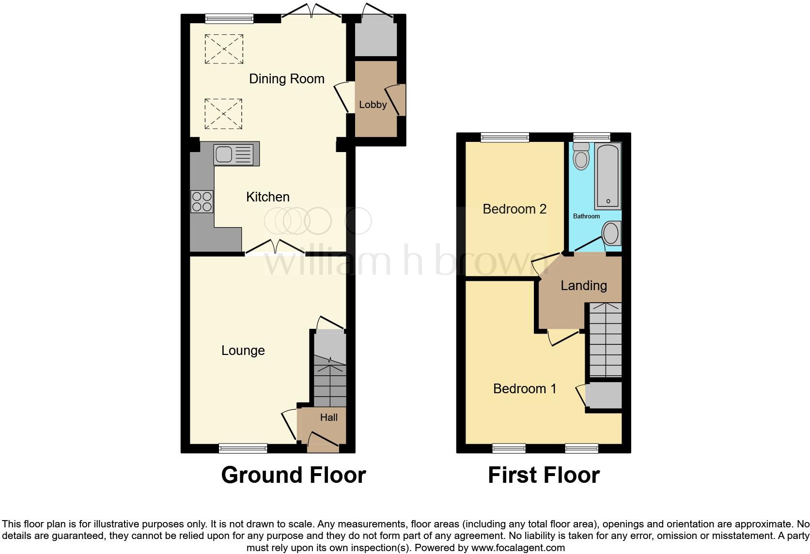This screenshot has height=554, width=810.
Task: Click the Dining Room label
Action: [286, 79]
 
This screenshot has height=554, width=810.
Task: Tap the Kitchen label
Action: [267, 197]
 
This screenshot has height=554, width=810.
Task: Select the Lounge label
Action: [243, 351]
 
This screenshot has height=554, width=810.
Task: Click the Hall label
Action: [328, 417]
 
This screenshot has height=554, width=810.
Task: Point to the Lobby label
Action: [373, 105]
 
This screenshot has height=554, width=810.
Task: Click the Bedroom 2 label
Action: [514, 209]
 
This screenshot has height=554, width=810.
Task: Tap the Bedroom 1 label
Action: [525, 389]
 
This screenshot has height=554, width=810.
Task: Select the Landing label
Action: [583, 286]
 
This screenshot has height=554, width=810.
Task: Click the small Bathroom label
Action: [586, 216]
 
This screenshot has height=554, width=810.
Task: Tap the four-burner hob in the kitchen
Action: [202, 202]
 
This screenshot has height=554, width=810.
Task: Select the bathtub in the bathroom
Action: [608, 176]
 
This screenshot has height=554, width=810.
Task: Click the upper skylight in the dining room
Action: [223, 48]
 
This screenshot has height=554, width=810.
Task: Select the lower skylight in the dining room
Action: [223, 114]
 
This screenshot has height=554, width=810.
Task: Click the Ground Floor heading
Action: [293, 475]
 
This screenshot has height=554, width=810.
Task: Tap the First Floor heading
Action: [544, 475]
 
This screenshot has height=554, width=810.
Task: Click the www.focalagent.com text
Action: [518, 548]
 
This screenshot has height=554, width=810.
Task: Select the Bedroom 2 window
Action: [505, 138]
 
